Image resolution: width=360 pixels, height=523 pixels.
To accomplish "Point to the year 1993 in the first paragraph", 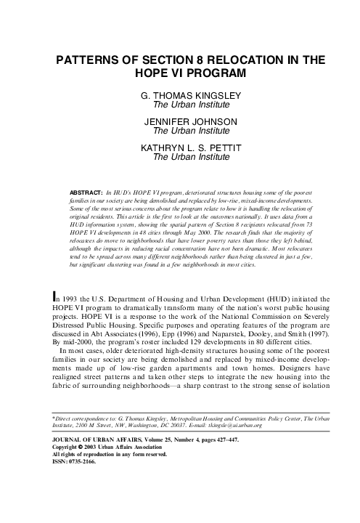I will point(69,299).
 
